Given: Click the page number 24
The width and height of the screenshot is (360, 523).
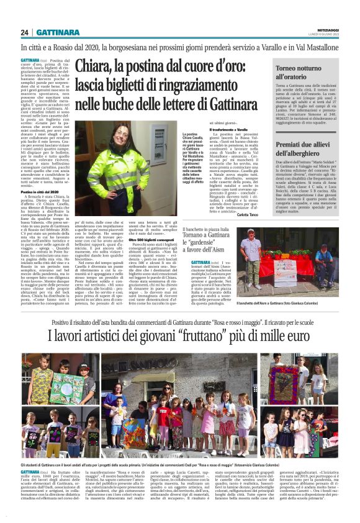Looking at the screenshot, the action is pyautogui.click(x=25, y=32).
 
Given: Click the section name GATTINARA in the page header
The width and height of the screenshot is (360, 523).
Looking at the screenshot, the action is pyautogui.click(x=56, y=32).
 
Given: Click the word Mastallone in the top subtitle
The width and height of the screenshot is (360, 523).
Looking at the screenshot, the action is pyautogui.click(x=320, y=47).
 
